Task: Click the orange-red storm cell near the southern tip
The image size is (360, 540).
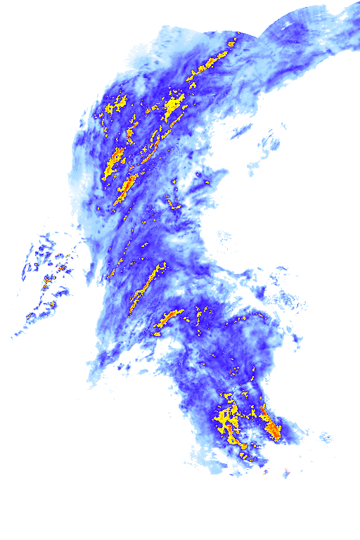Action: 272,427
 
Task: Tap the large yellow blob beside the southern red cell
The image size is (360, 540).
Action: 226,419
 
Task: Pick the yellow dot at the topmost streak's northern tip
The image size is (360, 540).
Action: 233,44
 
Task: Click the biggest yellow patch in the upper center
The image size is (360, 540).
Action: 172,108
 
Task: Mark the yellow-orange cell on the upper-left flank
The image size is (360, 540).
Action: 113,162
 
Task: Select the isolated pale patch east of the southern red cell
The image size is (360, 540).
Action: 325,439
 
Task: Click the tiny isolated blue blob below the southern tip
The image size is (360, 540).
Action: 286,473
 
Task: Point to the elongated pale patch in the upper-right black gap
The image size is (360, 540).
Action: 240,131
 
